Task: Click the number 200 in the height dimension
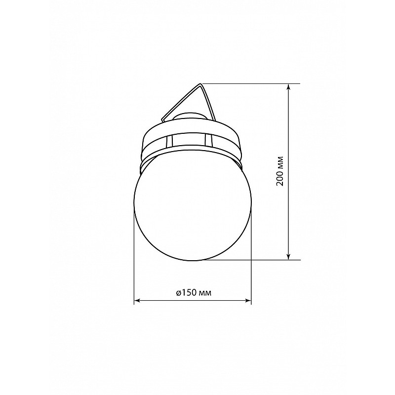coord(280,178)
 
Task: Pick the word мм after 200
coord(280,162)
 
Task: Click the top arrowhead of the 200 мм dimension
coord(289,87)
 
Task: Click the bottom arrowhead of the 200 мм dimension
coord(289,256)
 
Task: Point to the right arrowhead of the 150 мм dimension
coord(248,300)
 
